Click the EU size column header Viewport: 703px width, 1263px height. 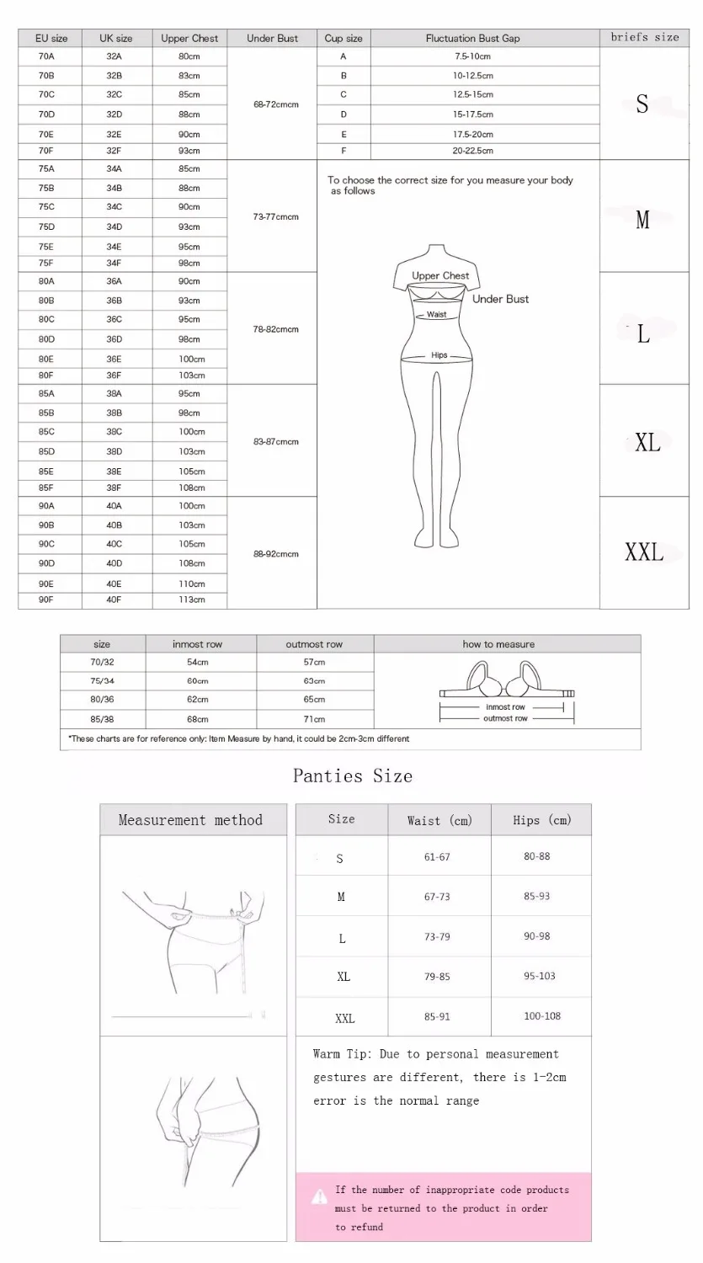coord(51,38)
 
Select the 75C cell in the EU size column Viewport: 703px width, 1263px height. coord(46,207)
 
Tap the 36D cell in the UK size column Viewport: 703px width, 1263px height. coord(114,339)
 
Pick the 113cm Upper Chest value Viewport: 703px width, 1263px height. coord(190,600)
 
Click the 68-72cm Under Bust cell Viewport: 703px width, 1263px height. coord(275,104)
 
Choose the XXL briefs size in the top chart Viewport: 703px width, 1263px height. coord(644,553)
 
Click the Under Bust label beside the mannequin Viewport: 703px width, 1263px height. coord(500,299)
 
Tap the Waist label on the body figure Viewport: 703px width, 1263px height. coord(436,314)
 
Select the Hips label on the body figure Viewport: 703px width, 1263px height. coord(439,355)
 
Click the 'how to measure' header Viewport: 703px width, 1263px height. coord(498,644)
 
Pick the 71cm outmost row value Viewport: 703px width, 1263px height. coord(314,719)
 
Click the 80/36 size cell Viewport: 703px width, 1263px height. coord(102,700)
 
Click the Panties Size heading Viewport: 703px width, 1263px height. coord(353,775)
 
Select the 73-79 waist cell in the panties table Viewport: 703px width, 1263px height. coord(437,936)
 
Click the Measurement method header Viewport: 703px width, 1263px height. coord(190,820)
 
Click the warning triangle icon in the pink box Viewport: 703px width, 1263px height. coord(320,1196)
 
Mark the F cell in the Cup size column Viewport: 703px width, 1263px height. coord(344,151)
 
